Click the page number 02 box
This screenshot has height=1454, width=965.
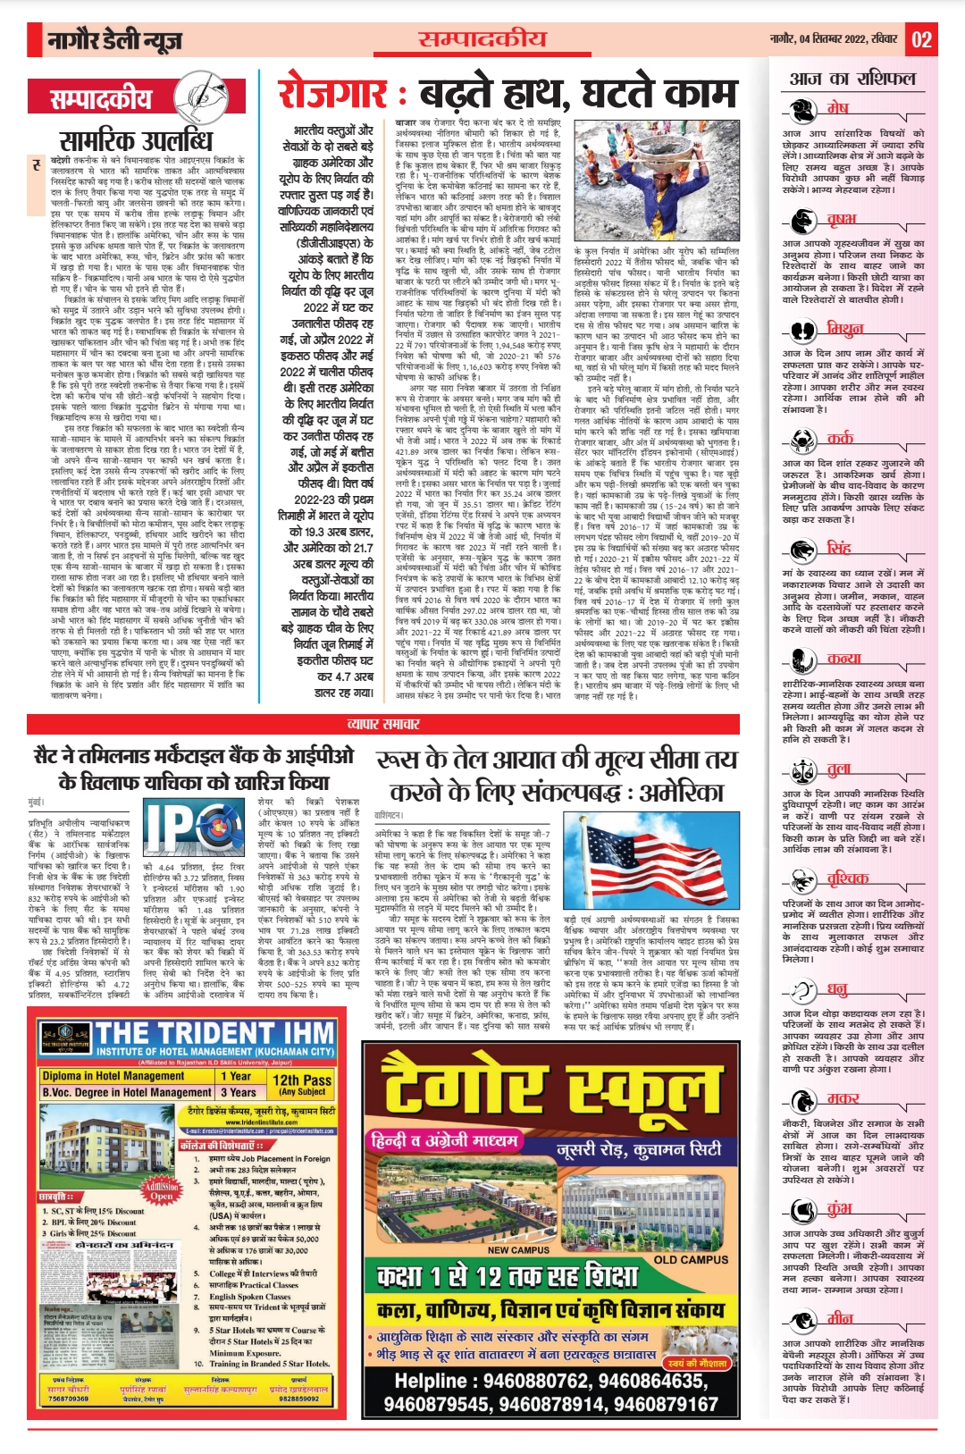tap(921, 39)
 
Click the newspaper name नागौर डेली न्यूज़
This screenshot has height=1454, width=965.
tap(114, 40)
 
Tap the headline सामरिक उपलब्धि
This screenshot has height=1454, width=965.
tap(135, 140)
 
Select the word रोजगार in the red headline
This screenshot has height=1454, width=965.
tap(332, 93)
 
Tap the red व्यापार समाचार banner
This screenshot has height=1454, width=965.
tap(383, 725)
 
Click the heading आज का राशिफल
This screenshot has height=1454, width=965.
tap(852, 79)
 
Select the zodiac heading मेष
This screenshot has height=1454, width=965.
tap(837, 107)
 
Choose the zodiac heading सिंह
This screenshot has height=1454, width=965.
tap(838, 547)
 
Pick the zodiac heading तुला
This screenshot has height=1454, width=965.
tap(838, 768)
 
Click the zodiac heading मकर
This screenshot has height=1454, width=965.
tap(842, 1098)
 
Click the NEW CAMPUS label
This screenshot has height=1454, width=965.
tap(517, 1249)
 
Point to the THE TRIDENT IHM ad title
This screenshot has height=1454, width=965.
tap(214, 1034)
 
